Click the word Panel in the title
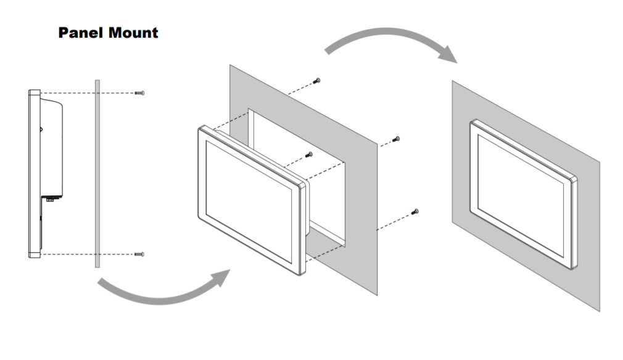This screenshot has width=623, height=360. tap(80, 33)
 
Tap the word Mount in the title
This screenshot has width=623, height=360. tap(133, 33)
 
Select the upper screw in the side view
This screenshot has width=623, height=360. tap(139, 93)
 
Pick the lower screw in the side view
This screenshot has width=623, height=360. tap(139, 254)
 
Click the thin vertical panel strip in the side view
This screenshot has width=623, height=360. tap(97, 173)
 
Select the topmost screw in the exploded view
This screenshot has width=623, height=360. tap(318, 80)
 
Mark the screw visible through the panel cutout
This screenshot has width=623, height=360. tap(310, 155)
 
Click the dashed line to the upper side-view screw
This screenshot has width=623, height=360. tap(86, 93)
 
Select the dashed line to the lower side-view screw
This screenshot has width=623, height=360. tap(86, 254)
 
